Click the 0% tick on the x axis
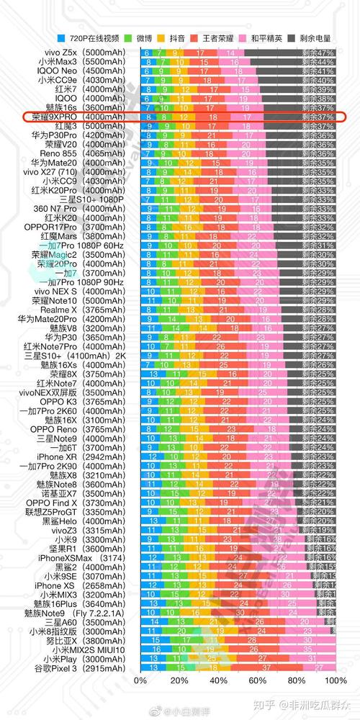tap(141, 681)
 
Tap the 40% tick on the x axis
tap(218, 681)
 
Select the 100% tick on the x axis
tap(333, 681)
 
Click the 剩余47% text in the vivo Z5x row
tap(318, 53)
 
